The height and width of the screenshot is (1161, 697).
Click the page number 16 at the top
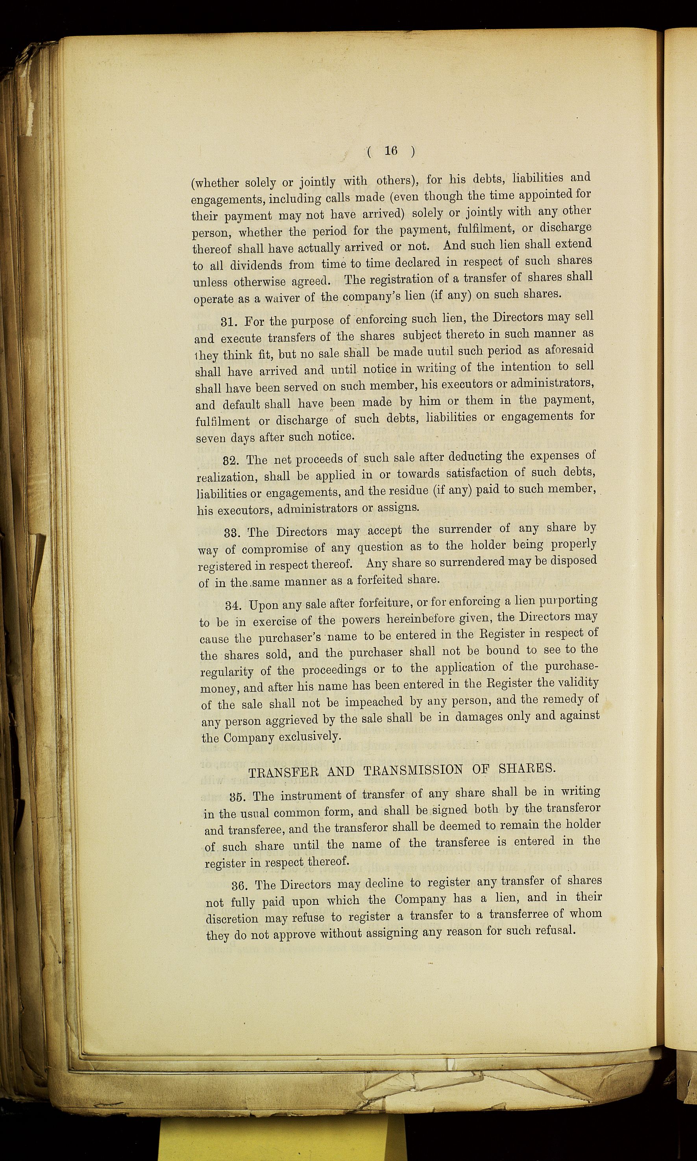pyautogui.click(x=391, y=150)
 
